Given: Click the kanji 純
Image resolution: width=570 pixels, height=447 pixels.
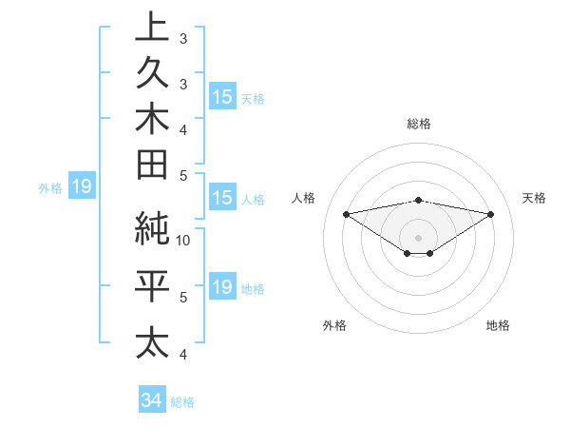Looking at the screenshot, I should (x=153, y=229).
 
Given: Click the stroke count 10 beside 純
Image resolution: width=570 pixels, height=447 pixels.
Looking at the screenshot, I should (x=184, y=240).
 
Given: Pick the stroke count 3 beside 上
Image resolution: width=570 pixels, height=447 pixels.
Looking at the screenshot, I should (x=184, y=40).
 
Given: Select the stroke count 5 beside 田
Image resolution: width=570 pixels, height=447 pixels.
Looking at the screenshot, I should (x=184, y=175).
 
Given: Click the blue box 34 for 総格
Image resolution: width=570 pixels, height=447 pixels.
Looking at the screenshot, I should (x=151, y=401).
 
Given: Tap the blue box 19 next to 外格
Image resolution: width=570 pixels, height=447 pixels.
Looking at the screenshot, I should (x=82, y=187).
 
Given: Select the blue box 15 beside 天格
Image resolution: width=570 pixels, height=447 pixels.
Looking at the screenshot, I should (x=222, y=97).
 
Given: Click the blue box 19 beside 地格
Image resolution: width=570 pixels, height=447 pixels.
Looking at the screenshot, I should (x=222, y=288).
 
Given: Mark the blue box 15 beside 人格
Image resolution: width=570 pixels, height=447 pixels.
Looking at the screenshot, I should (x=222, y=199).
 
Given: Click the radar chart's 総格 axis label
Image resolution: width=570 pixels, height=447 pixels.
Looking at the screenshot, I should (x=418, y=124).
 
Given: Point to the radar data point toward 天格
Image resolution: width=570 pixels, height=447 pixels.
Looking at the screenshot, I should (x=491, y=215).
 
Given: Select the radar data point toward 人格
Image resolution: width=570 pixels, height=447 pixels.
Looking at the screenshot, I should (x=346, y=213).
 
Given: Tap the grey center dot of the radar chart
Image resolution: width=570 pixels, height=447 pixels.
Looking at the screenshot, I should (x=418, y=237).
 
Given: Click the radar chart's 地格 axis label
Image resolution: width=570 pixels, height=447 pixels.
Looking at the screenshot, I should (x=498, y=325).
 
